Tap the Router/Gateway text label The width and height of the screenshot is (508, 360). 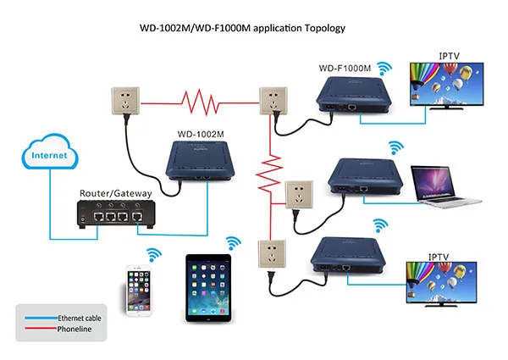116,193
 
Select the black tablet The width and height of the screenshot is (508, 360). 208,289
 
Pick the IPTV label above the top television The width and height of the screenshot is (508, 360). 450,56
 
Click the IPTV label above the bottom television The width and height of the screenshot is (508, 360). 438,255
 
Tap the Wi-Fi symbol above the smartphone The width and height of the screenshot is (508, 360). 154,253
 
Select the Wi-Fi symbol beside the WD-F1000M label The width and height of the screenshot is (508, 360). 385,67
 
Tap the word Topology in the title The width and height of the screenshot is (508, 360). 321,27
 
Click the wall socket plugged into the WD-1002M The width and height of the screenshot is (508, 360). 126,101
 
